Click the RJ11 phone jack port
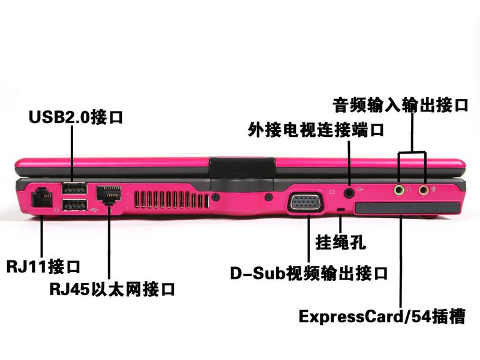[42, 198]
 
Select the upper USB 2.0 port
[74, 188]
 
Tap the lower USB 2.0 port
[74, 205]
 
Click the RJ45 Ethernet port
[109, 194]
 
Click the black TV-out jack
[349, 193]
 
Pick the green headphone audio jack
[398, 190]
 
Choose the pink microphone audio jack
[424, 190]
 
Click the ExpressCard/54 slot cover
[407, 208]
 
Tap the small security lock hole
[340, 209]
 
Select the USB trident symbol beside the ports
[94, 209]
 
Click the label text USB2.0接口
[76, 116]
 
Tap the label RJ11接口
[43, 266]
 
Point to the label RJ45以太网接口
[112, 289]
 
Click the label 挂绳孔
[340, 242]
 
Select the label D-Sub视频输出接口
[309, 273]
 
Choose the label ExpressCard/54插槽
[382, 316]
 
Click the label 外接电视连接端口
[316, 130]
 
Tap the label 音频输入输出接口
[400, 104]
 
